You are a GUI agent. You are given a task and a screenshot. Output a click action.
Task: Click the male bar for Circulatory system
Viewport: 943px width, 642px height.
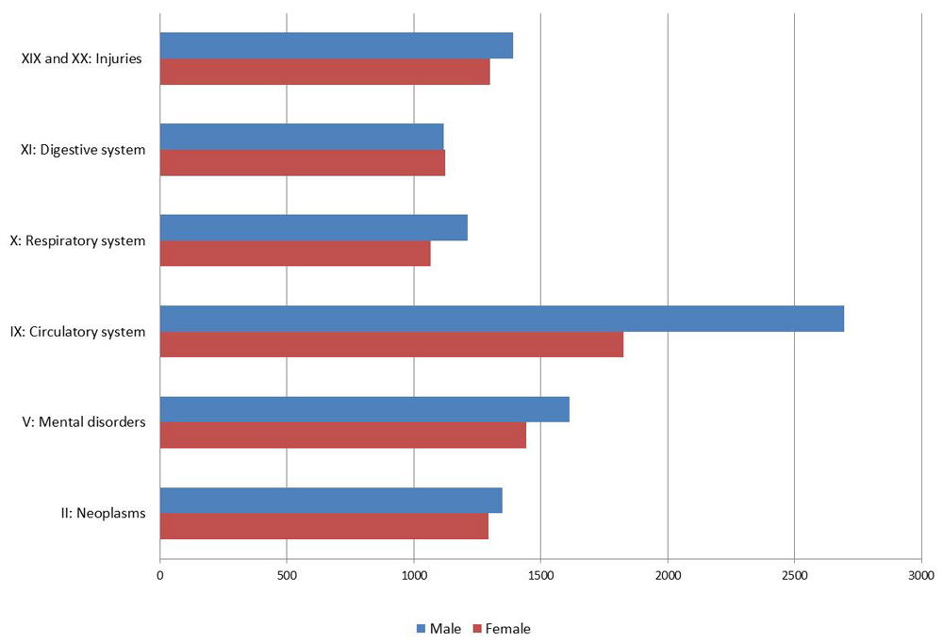(x=502, y=319)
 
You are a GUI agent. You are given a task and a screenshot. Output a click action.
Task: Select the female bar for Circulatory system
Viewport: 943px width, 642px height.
(x=391, y=345)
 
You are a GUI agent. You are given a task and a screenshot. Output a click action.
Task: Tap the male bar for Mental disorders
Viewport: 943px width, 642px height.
(x=364, y=410)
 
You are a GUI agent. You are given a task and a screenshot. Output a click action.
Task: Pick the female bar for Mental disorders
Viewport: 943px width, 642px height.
(x=342, y=436)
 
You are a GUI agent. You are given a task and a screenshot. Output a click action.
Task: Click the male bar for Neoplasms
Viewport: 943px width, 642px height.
(x=331, y=501)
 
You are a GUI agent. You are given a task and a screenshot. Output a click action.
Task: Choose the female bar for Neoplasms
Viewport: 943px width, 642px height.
(x=323, y=526)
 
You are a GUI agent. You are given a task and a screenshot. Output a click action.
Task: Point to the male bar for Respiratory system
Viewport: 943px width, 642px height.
(x=313, y=228)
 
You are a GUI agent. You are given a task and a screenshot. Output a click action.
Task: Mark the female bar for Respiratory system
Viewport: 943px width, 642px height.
(x=295, y=254)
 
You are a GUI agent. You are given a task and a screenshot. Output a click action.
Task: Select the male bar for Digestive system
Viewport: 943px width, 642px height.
(x=302, y=137)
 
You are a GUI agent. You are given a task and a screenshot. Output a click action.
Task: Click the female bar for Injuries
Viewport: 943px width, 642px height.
(x=324, y=72)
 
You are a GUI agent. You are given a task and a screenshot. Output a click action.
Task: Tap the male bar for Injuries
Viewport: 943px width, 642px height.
(x=336, y=45)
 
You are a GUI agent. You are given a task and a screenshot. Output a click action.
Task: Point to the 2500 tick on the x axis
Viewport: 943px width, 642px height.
(x=794, y=573)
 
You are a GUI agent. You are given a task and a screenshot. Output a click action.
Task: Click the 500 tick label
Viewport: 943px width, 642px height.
(x=287, y=573)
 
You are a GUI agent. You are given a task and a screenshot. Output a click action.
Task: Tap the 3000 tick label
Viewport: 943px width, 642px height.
(x=920, y=573)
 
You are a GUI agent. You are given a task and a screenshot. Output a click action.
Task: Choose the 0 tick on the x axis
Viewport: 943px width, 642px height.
(x=160, y=573)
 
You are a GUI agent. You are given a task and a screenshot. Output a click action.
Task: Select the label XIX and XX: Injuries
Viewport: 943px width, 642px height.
(x=81, y=58)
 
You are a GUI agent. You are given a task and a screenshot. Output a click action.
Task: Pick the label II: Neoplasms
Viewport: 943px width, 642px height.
(x=102, y=514)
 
